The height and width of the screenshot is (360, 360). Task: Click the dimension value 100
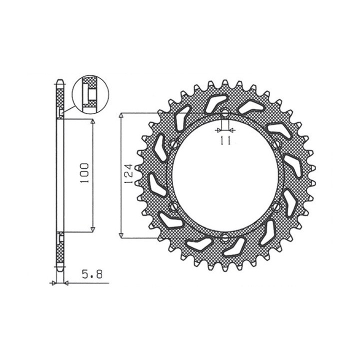84,173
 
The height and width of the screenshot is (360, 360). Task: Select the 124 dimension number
128,174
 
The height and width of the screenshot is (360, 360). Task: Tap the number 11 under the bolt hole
225,140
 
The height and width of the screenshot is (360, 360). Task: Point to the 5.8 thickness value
92,274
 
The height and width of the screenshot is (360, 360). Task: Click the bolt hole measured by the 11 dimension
225,112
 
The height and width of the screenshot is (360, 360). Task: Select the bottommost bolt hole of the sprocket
225,238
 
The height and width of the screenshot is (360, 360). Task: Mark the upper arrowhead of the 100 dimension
93,121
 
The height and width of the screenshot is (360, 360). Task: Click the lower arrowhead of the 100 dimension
93,229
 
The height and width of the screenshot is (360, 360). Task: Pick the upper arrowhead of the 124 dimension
121,115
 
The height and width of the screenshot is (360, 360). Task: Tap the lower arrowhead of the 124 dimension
121,235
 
